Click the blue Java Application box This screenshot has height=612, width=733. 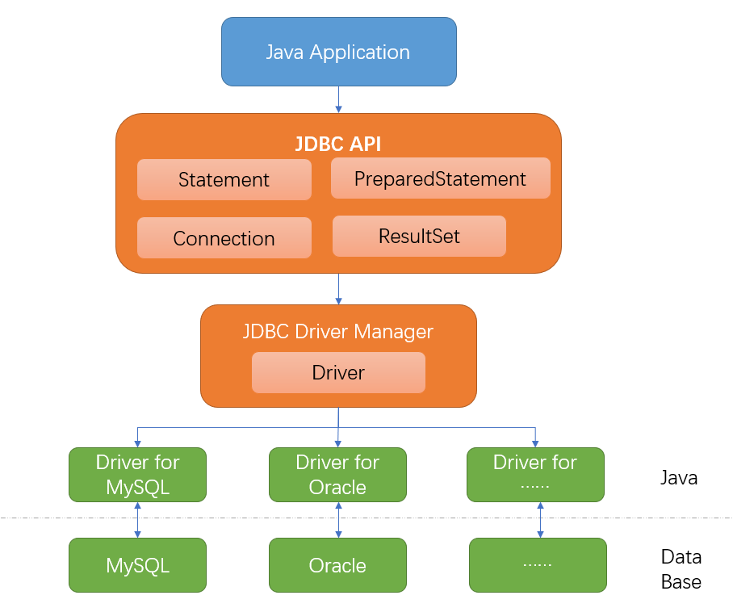[338, 52]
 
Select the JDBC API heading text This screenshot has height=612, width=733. [337, 145]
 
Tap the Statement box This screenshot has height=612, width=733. [224, 179]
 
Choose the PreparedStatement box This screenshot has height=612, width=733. [440, 178]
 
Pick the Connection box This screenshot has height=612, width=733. [224, 238]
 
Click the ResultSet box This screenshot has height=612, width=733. [419, 237]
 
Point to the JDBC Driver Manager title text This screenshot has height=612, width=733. [337, 332]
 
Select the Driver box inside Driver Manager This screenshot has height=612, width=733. [338, 373]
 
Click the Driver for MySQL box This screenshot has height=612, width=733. [137, 475]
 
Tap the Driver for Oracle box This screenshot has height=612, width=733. [337, 475]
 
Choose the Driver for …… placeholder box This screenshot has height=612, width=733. [535, 475]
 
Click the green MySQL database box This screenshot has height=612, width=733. [137, 566]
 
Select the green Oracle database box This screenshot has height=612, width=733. [337, 566]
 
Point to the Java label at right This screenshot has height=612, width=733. [679, 477]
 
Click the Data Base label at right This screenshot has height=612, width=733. [681, 569]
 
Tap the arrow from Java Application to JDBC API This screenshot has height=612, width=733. [338, 99]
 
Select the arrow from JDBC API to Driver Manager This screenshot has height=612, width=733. [338, 288]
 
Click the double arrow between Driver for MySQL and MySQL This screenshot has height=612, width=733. [137, 520]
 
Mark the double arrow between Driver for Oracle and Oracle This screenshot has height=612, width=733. [338, 520]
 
